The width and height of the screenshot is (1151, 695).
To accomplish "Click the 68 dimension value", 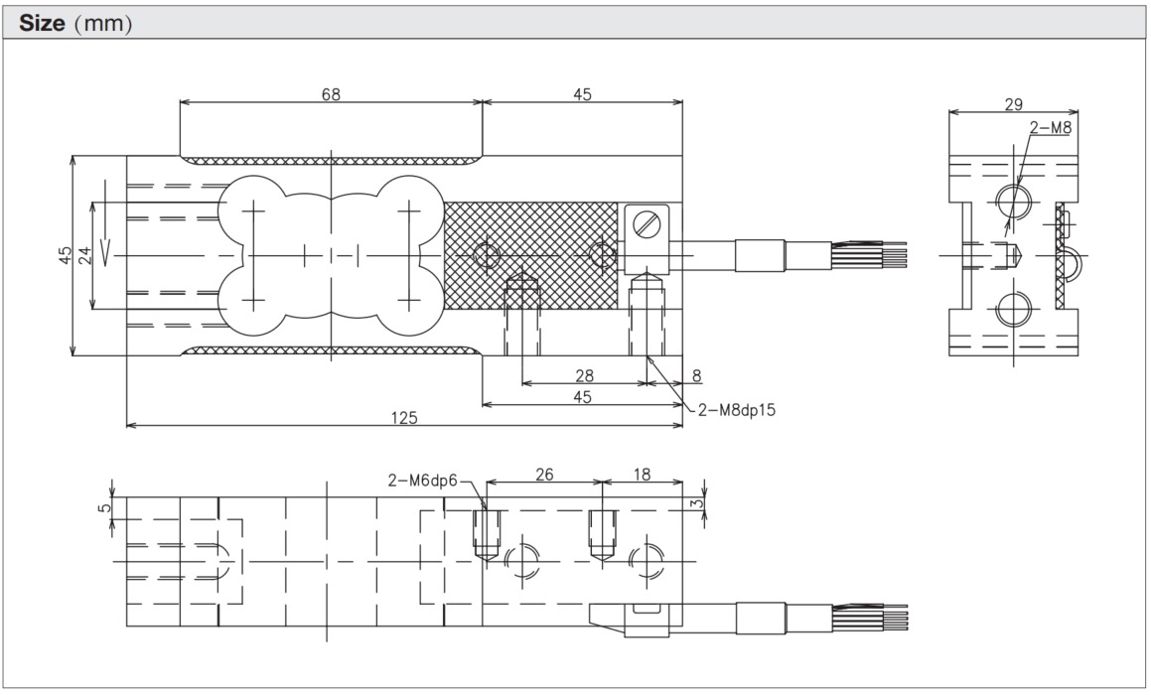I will coord(331,94).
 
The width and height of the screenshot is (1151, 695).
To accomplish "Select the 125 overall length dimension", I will coord(404,417).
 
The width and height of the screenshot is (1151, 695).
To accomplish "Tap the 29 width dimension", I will coord(1013,104).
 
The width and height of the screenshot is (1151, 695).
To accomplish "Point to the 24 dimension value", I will coord(84,254).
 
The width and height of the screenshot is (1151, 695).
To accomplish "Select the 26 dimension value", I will coord(543,475).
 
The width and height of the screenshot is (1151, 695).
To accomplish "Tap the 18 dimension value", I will coord(642,475).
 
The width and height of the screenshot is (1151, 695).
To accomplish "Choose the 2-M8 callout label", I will coord(1051,127).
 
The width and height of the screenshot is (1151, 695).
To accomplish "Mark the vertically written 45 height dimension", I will coord(65,254).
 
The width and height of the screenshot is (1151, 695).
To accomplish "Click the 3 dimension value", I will coord(700,505).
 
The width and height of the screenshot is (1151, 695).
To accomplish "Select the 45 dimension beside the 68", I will coord(582,94).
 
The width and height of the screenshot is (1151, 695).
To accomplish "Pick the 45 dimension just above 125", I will coord(582,396).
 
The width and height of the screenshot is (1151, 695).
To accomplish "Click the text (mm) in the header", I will coord(105,23).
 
